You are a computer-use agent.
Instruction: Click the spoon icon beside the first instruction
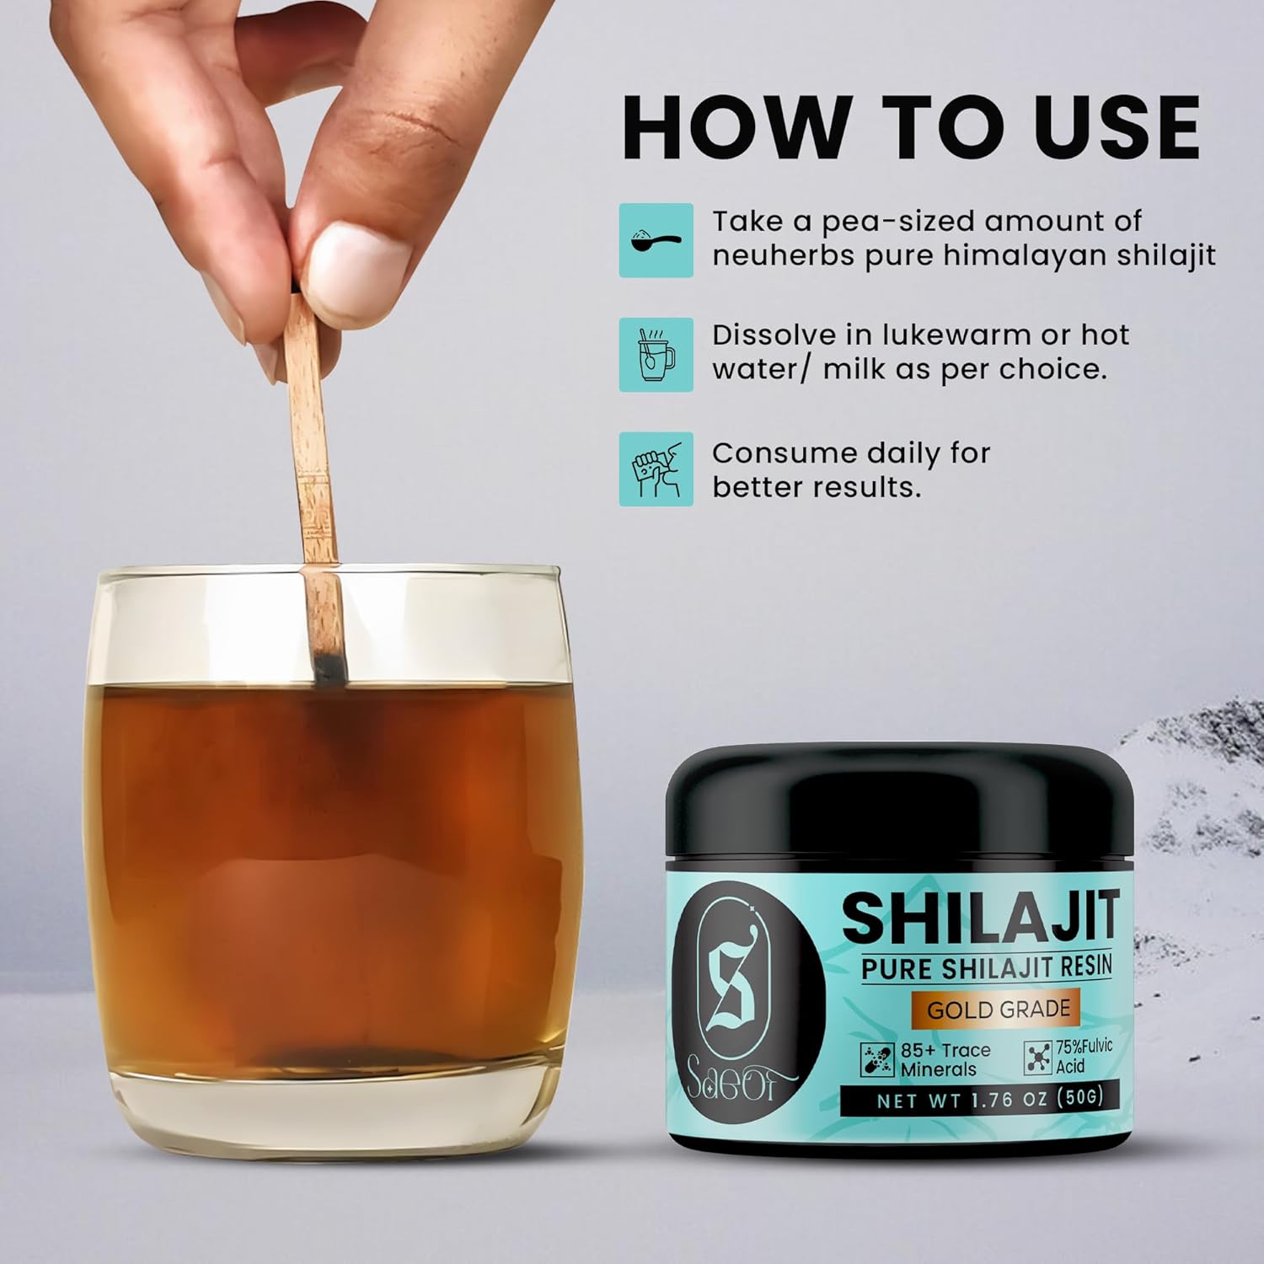[656, 240]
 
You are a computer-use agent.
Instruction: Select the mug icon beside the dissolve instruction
[656, 355]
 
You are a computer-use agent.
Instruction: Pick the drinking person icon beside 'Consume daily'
[656, 469]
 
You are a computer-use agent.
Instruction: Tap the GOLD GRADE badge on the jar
[999, 1009]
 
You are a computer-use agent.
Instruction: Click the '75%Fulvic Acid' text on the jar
[1084, 1056]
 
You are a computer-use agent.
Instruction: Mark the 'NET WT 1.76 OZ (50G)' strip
[989, 1099]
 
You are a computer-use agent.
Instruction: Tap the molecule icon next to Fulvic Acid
[1038, 1058]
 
